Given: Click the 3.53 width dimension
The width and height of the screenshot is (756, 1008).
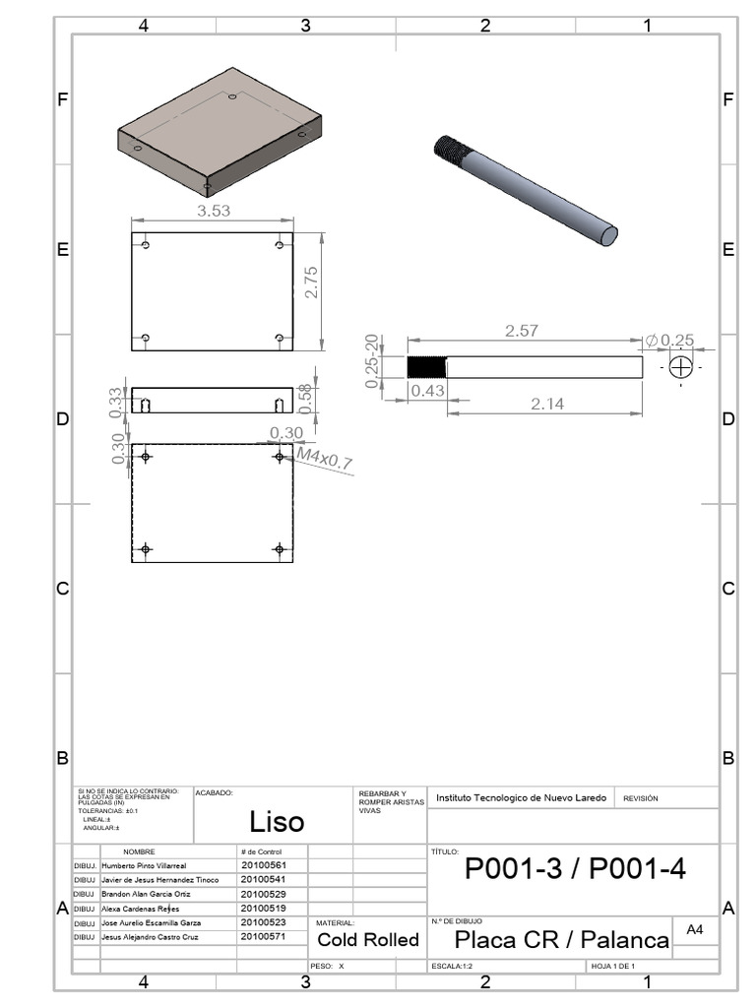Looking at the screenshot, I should coord(215,211).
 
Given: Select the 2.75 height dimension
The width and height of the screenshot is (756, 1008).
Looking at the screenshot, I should coord(311,283).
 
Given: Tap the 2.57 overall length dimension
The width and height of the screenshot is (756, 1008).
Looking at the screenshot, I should coord(521,332).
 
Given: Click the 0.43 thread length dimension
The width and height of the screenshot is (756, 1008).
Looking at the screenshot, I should coord(427,391).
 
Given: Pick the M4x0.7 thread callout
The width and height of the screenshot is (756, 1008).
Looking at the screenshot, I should coord(326,459).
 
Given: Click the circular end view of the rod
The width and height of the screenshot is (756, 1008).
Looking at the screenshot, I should coord(680,367).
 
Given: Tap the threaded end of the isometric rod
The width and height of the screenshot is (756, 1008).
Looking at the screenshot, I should coord(452,152).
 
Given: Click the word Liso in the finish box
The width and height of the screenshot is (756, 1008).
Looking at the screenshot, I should coord(277,821).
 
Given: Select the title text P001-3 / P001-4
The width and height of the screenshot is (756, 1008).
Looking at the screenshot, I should coord(575,868).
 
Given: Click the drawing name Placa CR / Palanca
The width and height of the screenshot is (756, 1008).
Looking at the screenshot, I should coord(561,940).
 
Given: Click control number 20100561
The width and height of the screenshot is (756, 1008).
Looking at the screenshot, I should coord(263,864).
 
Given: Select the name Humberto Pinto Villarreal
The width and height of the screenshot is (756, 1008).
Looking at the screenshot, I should coord(144,864).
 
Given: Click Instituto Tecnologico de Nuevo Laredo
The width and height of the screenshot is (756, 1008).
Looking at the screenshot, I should coord(521,797).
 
